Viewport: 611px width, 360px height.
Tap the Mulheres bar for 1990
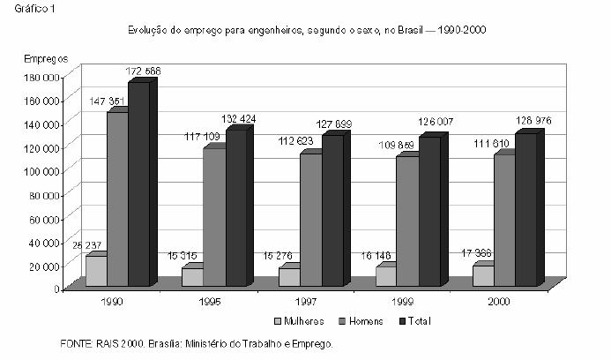point(95,271)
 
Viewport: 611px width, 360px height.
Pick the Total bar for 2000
point(525,210)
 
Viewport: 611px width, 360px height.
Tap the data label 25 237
point(86,246)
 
